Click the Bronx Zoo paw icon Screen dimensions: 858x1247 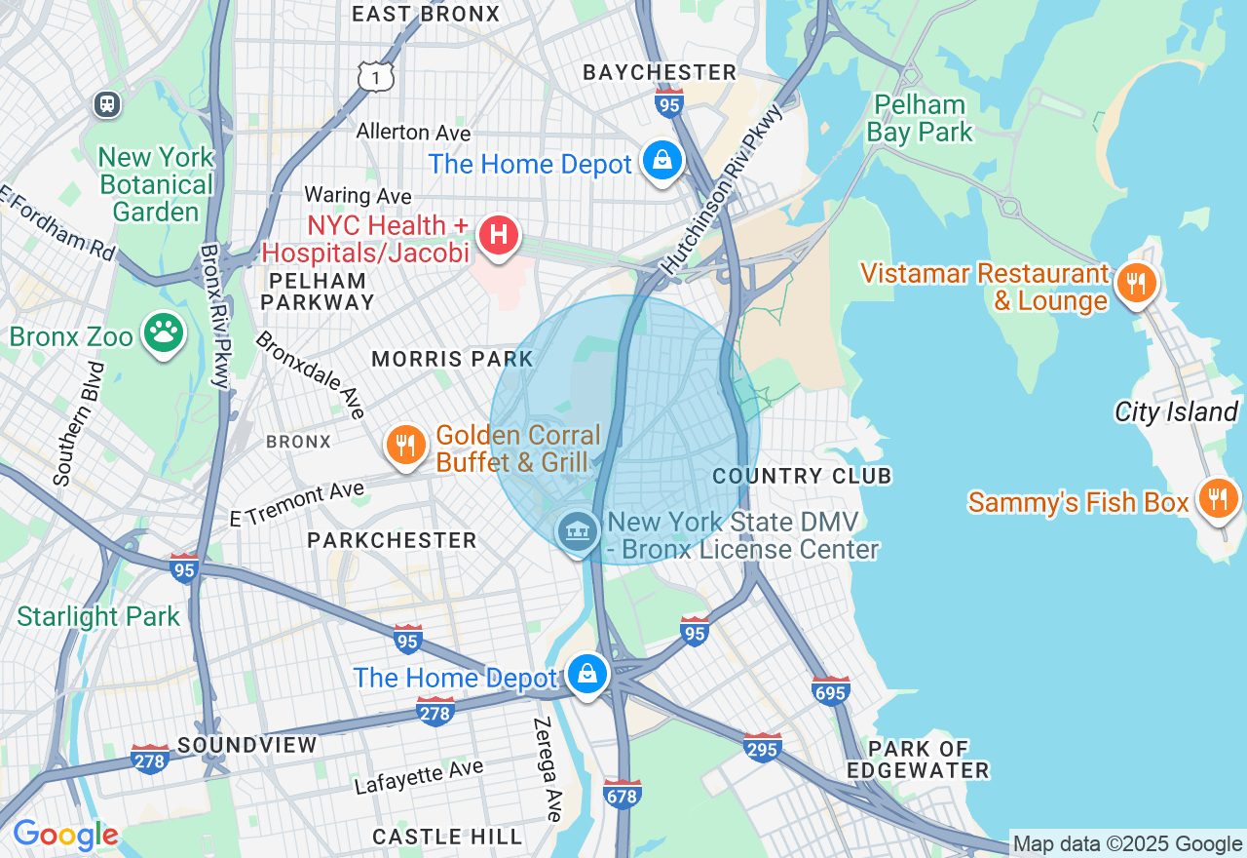(164, 333)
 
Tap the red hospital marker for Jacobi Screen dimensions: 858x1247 (498, 235)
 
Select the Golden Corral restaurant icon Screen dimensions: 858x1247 (406, 446)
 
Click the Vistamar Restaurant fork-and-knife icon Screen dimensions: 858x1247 (1135, 284)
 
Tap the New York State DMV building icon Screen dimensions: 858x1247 (579, 531)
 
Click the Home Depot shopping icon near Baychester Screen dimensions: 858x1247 (662, 161)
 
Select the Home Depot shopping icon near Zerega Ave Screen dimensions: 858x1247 (587, 674)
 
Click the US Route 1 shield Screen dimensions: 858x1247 (375, 75)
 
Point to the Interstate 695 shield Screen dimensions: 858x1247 (830, 690)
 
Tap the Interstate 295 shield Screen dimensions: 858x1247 (762, 747)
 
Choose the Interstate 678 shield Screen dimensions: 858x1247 (622, 794)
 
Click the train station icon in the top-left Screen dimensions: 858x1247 (107, 103)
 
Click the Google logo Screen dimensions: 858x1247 (65, 835)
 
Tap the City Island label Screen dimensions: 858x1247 (1176, 411)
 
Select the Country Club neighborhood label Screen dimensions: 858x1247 (802, 476)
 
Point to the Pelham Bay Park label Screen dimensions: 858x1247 (920, 118)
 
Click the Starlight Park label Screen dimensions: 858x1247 (98, 616)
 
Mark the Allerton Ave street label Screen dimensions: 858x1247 (413, 132)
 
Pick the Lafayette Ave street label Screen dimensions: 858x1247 (418, 777)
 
